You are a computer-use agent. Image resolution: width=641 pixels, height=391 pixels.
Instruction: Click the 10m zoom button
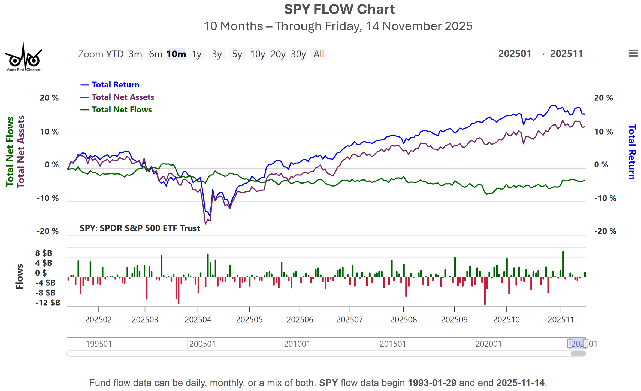click(176, 54)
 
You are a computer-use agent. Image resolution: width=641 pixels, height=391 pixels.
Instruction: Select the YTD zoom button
click(115, 54)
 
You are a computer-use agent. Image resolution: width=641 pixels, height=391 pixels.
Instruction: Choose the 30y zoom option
click(298, 54)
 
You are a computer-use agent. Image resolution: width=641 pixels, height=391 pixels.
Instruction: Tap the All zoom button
click(319, 54)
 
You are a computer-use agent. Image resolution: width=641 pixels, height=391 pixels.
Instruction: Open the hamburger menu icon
click(633, 53)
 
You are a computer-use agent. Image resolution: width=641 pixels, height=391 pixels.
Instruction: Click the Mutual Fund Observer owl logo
click(23, 57)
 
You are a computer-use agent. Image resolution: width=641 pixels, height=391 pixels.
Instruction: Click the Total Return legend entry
click(115, 85)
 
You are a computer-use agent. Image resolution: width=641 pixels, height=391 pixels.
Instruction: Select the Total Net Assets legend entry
click(123, 97)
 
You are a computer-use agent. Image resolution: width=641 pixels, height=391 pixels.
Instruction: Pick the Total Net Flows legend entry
click(122, 110)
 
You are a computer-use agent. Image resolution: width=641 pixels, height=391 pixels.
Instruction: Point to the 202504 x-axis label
click(198, 319)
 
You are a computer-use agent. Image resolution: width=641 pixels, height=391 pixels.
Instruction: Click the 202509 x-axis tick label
click(454, 319)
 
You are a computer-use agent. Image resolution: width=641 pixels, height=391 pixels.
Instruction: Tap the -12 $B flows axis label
click(48, 303)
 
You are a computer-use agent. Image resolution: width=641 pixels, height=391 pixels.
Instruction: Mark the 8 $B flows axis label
click(44, 253)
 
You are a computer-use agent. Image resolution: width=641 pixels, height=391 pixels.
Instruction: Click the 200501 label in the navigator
click(202, 344)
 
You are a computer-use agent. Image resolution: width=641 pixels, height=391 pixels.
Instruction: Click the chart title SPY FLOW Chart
click(339, 10)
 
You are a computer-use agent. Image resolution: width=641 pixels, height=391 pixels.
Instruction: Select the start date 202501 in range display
click(515, 54)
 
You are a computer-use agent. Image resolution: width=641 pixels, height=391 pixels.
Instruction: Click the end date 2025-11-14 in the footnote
click(520, 383)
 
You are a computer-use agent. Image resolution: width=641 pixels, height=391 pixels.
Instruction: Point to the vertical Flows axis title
click(19, 276)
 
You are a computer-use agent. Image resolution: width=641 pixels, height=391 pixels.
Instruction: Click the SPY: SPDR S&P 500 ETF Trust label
click(140, 228)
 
